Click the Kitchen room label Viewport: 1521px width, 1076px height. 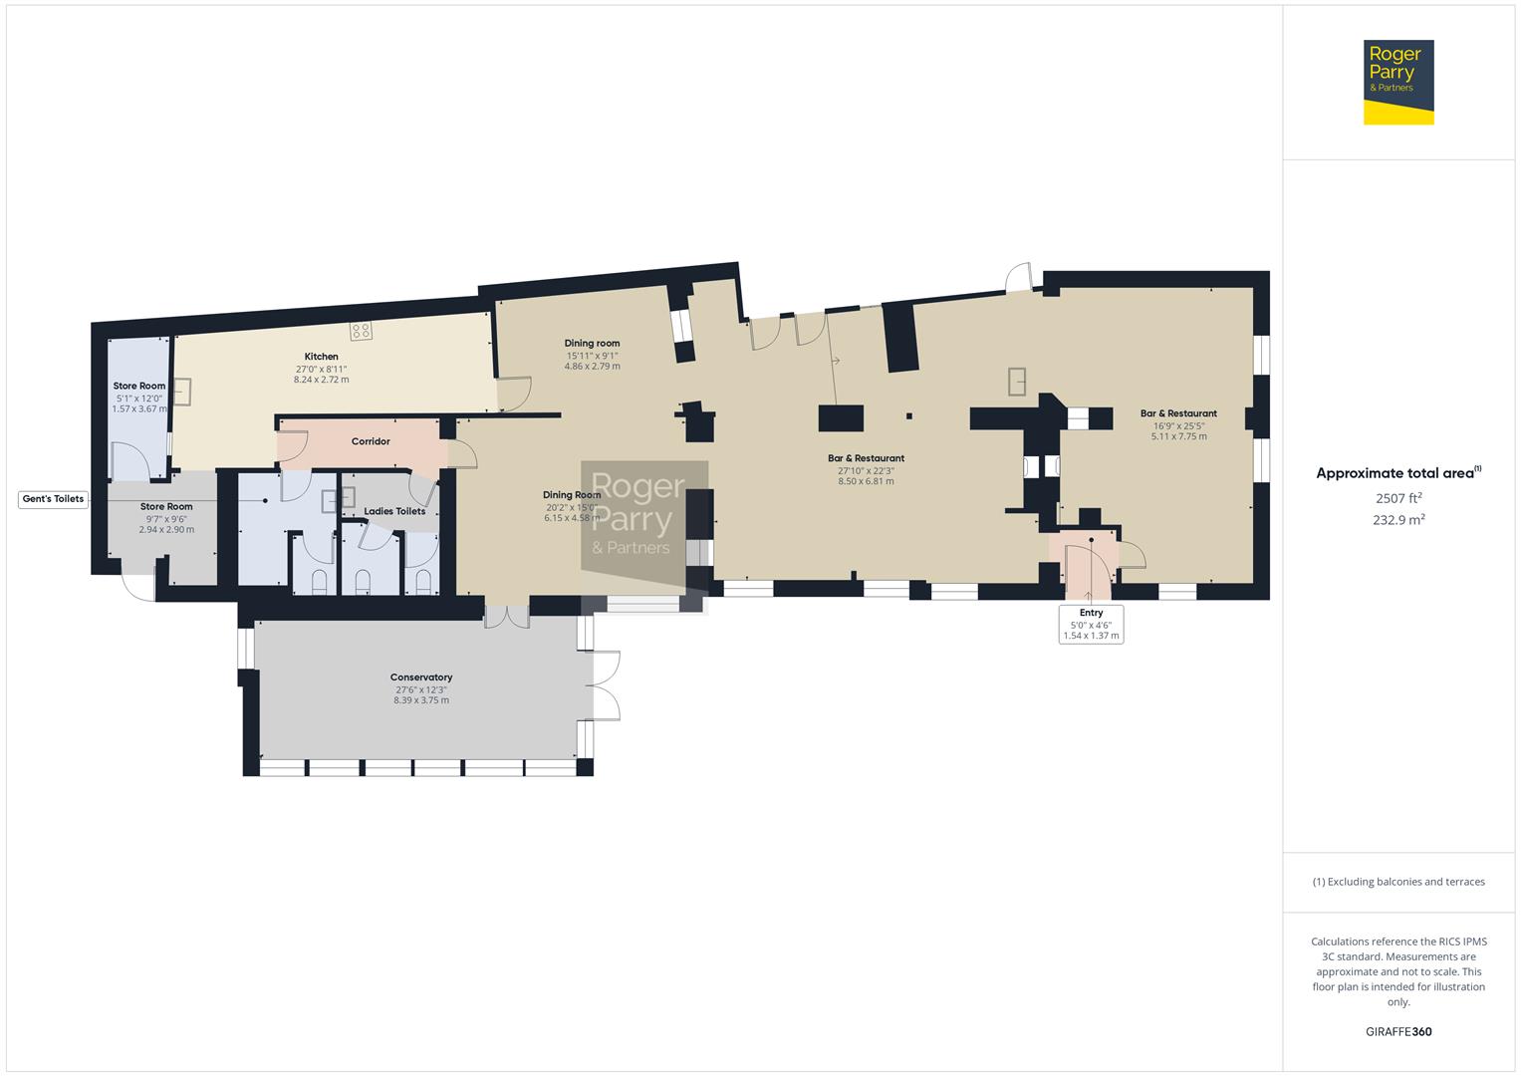[x=321, y=357]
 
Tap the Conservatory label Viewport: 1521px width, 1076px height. [x=420, y=677]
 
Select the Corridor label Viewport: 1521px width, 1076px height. [x=371, y=441]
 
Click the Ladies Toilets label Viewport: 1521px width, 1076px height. [x=394, y=511]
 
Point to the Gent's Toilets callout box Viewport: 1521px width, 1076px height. [x=54, y=499]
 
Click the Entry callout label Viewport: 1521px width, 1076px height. [x=1091, y=613]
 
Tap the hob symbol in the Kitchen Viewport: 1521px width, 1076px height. [x=362, y=331]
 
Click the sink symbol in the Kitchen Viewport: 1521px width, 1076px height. [x=182, y=392]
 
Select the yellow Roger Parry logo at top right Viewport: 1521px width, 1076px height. [x=1397, y=82]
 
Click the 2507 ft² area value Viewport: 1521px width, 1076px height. [x=1397, y=498]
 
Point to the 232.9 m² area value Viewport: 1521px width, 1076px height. [x=1397, y=520]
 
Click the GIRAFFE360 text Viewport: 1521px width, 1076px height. [x=1397, y=1032]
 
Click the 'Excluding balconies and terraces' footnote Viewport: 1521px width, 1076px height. [x=1397, y=882]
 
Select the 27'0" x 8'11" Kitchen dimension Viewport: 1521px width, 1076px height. [x=321, y=369]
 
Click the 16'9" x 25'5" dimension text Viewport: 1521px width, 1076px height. [x=1178, y=425]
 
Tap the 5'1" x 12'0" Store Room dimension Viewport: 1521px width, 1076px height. [x=138, y=398]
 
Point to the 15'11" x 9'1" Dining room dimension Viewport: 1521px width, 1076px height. [x=592, y=356]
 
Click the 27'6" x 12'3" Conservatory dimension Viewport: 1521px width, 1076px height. [x=420, y=689]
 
